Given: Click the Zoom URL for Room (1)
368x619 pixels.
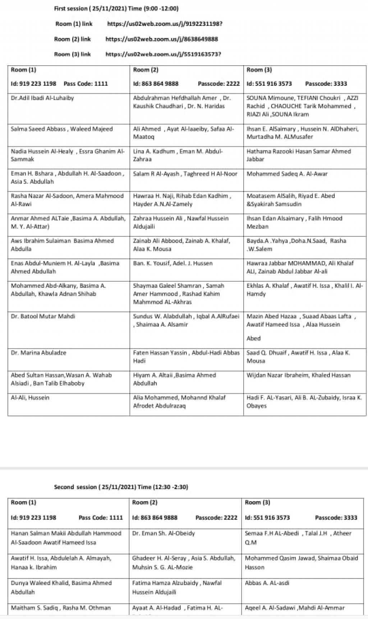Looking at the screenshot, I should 165,24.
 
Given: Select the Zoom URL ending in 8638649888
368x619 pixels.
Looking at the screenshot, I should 162,39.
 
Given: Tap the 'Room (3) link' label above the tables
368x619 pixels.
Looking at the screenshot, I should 72,54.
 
